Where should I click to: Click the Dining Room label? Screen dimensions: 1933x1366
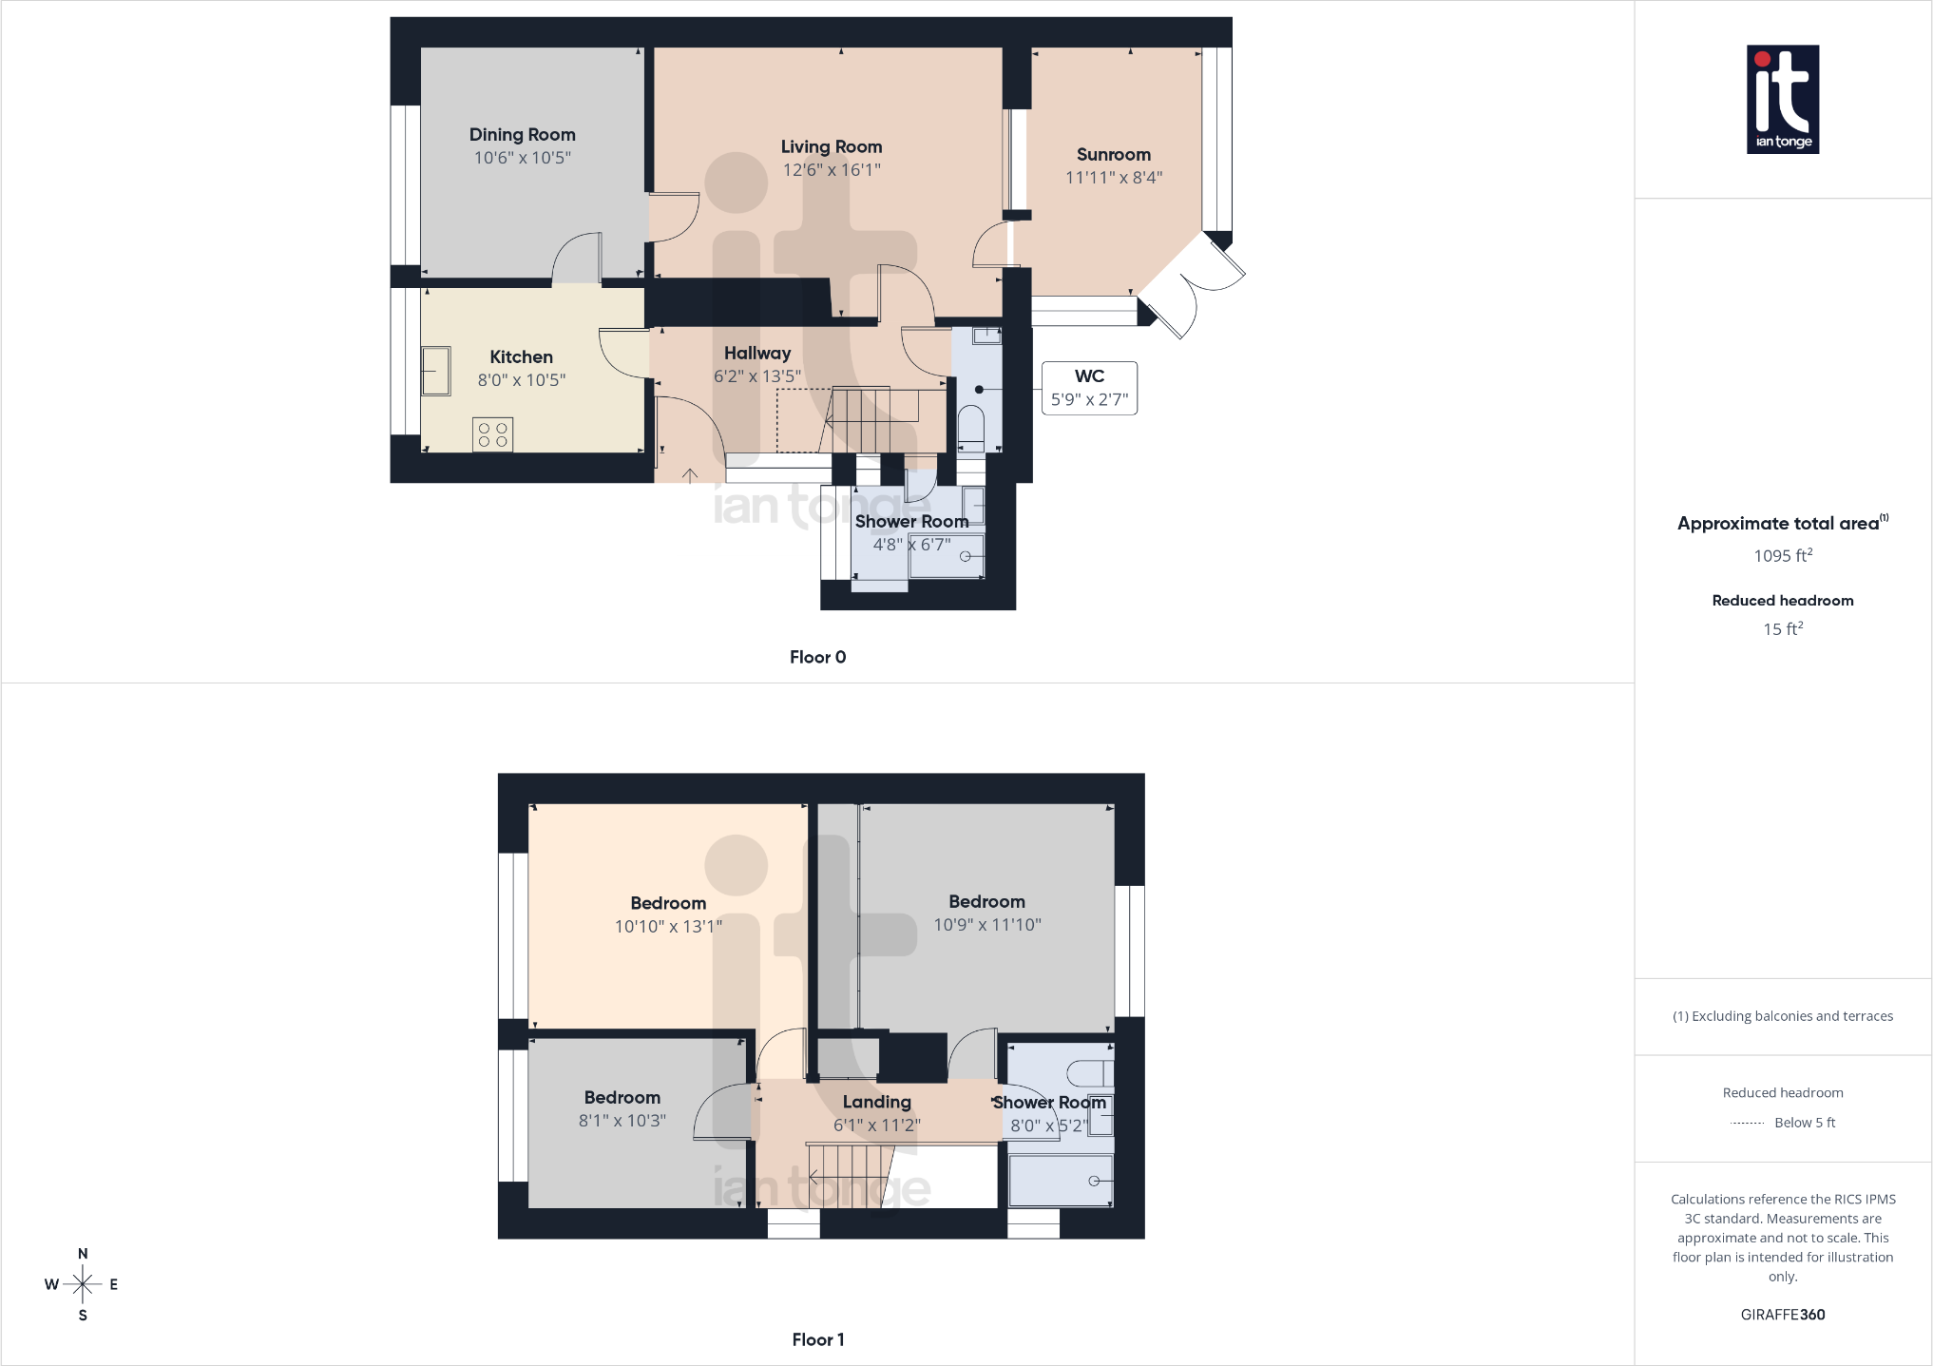coord(522,135)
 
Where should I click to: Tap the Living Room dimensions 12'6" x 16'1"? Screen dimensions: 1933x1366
coord(832,170)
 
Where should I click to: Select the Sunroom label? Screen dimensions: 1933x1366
coord(1113,154)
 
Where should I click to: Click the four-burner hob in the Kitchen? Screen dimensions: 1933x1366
coord(492,434)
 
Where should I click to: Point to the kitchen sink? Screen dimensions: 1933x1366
coord(436,371)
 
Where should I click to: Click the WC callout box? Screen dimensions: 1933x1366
coord(1089,388)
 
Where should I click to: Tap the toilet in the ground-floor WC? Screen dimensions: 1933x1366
coord(970,428)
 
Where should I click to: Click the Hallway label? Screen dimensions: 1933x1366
coord(757,353)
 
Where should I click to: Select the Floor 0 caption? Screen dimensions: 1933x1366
coord(817,657)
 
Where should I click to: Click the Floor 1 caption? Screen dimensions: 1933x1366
coord(817,1339)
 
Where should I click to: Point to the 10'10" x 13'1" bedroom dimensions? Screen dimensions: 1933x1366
coord(668,926)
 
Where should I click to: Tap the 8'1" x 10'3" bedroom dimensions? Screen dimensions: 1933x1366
coord(622,1121)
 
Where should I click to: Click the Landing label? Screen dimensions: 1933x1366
coord(876,1102)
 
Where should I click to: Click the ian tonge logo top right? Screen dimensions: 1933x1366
coord(1783,100)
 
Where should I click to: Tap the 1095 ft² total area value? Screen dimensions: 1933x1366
coord(1783,555)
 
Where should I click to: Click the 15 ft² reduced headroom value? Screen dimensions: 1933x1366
coord(1783,628)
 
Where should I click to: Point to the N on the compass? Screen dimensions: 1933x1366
coord(83,1254)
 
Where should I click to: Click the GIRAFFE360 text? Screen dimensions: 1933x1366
coord(1783,1315)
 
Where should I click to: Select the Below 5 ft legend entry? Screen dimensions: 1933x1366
coord(1784,1123)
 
